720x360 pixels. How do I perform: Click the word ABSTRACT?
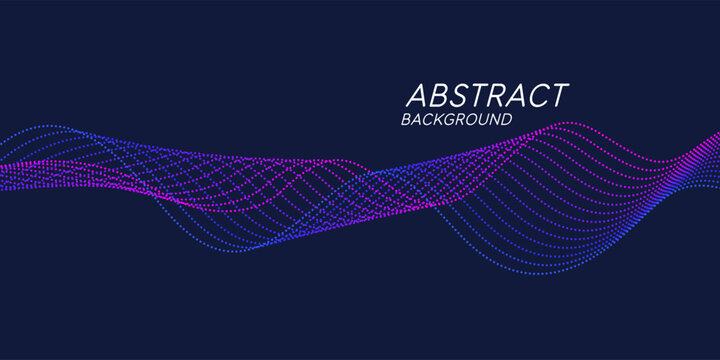486,96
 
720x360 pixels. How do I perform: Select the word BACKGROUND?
456,120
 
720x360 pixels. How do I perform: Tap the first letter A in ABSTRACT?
417,96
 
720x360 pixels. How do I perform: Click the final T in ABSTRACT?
559,96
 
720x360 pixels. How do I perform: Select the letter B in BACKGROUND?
406,120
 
